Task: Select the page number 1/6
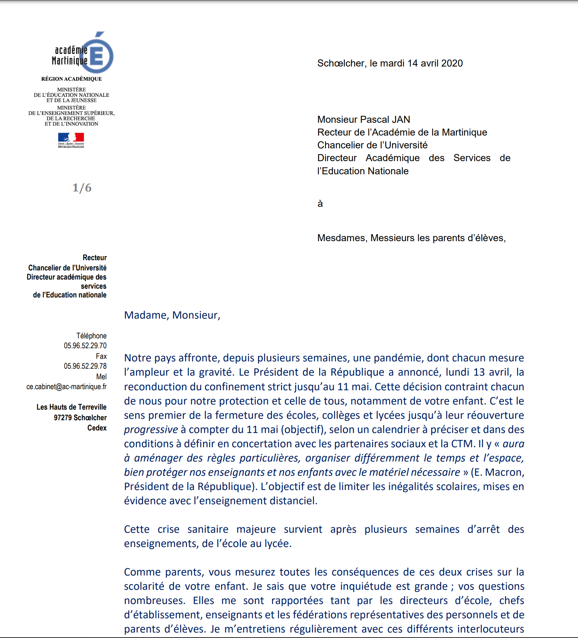[x=82, y=188]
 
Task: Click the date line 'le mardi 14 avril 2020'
[x=416, y=63]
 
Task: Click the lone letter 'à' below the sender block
[x=320, y=204]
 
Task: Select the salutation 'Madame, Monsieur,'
[x=172, y=315]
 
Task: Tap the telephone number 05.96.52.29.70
[x=85, y=346]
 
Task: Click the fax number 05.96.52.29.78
[x=85, y=366]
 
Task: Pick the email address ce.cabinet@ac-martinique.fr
[x=67, y=387]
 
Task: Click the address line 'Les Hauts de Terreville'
[x=71, y=407]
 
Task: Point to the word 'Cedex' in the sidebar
[x=97, y=428]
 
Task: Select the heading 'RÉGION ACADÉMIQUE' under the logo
[x=71, y=79]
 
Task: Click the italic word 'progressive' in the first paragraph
[x=151, y=430]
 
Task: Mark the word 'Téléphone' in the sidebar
[x=91, y=336]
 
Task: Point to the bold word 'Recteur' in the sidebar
[x=95, y=258]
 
